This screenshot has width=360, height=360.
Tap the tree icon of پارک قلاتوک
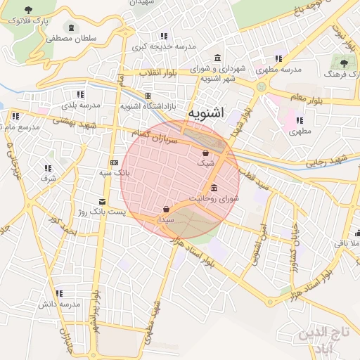tap(28, 10)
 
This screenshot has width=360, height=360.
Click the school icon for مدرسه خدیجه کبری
tap(164, 36)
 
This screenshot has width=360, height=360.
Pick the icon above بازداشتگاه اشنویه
tap(148, 96)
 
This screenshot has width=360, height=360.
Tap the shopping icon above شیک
tap(205, 153)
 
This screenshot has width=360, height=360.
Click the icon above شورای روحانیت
tap(214, 188)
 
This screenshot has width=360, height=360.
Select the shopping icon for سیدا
tap(165, 209)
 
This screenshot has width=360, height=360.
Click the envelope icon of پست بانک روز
tap(102, 202)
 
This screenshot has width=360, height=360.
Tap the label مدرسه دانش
tap(60, 304)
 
